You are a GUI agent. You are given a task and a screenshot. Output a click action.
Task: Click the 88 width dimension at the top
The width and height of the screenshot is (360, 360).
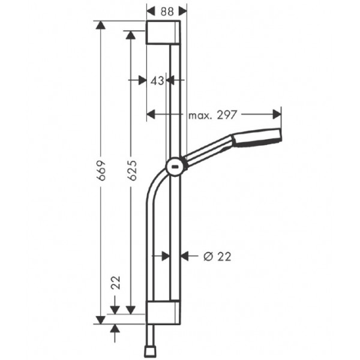tap(167, 11)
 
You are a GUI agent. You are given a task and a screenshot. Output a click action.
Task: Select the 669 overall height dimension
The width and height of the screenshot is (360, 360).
tap(101, 170)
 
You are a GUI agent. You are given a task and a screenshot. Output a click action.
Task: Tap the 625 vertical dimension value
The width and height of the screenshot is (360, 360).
tap(132, 170)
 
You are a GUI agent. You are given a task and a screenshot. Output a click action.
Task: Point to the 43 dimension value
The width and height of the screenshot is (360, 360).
tap(157, 80)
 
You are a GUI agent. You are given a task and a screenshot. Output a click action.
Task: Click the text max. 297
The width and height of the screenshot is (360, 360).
tap(212, 115)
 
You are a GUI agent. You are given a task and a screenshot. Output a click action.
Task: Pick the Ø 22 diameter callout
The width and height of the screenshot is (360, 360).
tap(217, 256)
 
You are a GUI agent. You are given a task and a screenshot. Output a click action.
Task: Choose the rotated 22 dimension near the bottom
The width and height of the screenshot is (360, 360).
tap(116, 283)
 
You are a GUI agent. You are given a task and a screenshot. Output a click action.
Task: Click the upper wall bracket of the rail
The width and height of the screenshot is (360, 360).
tap(163, 32)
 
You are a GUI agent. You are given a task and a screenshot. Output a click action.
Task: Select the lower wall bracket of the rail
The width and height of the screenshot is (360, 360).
tap(163, 312)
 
